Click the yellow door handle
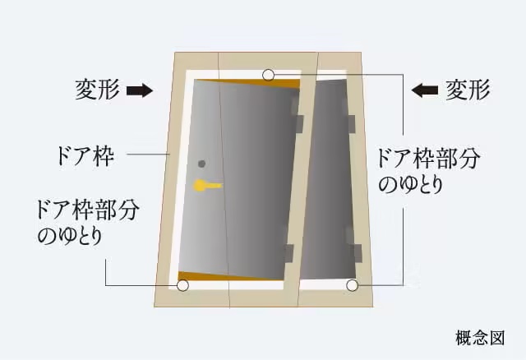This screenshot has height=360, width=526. [x=206, y=186]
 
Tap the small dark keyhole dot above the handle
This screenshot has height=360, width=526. [x=201, y=163]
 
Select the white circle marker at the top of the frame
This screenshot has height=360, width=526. [x=269, y=76]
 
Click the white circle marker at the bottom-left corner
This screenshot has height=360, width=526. [x=182, y=286]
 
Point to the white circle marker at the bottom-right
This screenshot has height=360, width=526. [x=353, y=286]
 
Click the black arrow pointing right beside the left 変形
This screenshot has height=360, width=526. [x=141, y=90]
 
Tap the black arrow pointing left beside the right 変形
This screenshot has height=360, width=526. [x=427, y=90]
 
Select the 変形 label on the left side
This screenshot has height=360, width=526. [x=98, y=90]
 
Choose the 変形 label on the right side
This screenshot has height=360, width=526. [x=468, y=90]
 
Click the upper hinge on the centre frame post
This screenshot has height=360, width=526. [x=298, y=124]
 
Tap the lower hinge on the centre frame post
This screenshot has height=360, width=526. [x=289, y=252]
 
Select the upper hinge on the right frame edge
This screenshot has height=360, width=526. [x=350, y=124]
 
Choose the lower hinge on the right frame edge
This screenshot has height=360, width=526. [x=355, y=252]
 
